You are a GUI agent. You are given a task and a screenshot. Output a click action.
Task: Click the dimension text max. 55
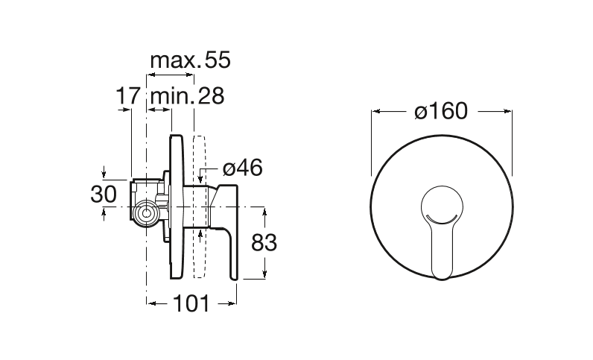tap(190, 60)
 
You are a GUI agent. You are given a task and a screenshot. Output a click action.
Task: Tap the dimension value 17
tap(128, 96)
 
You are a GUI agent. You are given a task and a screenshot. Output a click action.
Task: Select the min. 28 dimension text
tap(187, 96)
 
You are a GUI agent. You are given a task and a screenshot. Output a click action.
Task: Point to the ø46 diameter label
tap(242, 168)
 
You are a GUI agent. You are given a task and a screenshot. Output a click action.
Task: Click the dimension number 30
tap(104, 195)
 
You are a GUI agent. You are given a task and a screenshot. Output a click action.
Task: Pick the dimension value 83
tap(264, 243)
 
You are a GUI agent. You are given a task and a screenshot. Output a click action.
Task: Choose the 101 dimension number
tap(191, 303)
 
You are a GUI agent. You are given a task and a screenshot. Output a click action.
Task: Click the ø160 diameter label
tap(441, 111)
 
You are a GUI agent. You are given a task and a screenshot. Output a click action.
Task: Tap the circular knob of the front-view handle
tap(442, 206)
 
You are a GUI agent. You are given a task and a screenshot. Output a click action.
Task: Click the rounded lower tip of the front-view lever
tap(442, 277)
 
